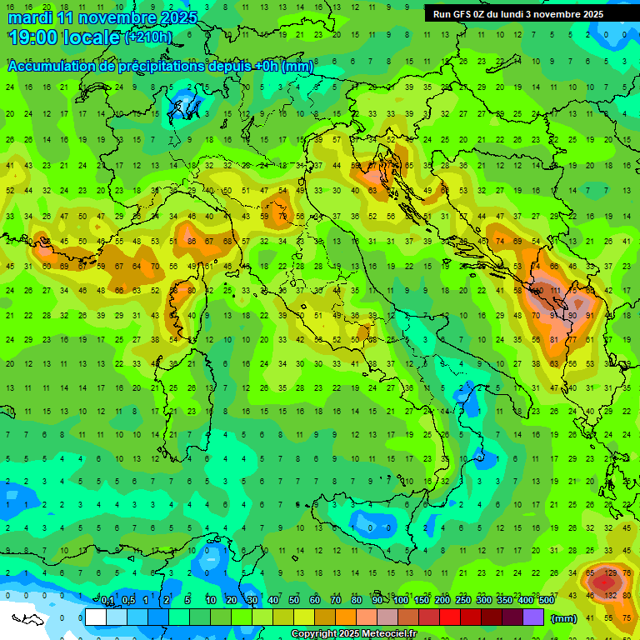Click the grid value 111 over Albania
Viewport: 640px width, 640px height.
pos(555,291)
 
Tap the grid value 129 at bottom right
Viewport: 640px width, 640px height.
pos(611,574)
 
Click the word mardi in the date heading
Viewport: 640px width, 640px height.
pos(27,17)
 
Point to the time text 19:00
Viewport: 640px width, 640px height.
pos(33,37)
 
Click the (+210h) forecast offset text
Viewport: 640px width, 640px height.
pos(148,37)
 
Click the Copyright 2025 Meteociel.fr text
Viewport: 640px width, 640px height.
pos(353,634)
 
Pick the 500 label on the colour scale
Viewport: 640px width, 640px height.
pos(546,600)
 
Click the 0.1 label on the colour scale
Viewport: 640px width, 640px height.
pos(107,600)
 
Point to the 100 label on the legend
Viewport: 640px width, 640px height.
pos(401,600)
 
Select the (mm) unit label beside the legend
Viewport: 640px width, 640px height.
pos(564,618)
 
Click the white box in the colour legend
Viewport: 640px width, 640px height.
pos(95,617)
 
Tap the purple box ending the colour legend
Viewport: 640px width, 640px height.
pos(532,617)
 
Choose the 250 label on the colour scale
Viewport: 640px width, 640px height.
pos(463,600)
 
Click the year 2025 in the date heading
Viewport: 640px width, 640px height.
pos(180,17)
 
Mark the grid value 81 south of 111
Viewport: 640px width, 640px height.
pos(555,339)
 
